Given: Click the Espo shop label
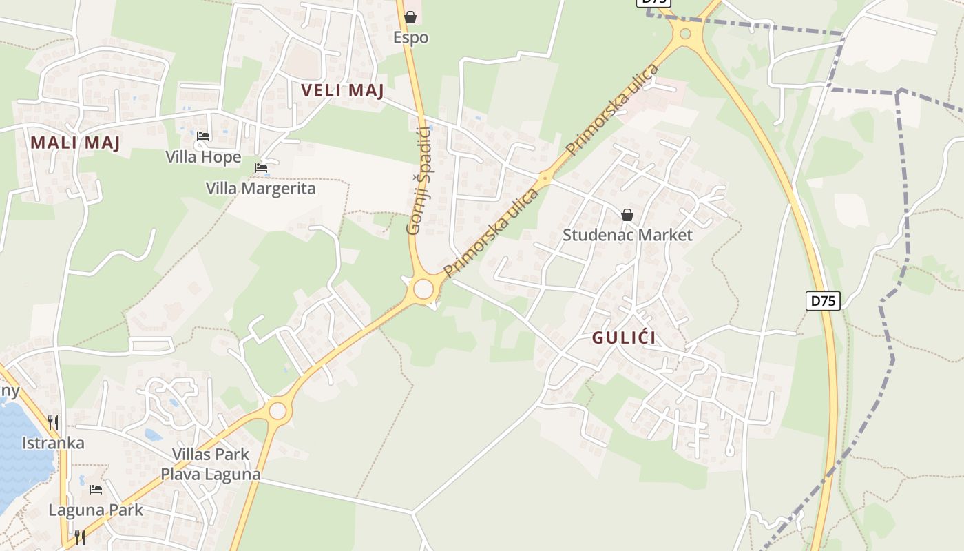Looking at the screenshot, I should click(411, 37).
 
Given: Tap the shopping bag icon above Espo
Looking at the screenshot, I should click(410, 17).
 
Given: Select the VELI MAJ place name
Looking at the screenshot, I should click(342, 90).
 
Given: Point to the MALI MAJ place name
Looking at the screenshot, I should click(76, 143).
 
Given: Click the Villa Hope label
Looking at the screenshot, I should click(203, 157).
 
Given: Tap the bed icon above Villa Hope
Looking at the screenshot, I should click(203, 136).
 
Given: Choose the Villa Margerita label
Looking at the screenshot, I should click(261, 188).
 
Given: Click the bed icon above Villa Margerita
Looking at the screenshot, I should click(261, 167).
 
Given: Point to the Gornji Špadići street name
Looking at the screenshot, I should click(419, 180).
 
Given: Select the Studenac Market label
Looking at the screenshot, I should click(627, 235).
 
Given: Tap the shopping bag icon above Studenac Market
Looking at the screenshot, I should click(627, 215).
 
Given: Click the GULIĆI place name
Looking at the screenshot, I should click(624, 338).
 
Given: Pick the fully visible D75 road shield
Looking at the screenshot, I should click(823, 301).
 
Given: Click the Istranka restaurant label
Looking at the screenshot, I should click(53, 443).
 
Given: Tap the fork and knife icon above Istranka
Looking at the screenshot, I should click(53, 422).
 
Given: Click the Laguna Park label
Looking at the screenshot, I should click(96, 510).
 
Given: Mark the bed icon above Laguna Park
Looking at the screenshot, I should click(96, 490).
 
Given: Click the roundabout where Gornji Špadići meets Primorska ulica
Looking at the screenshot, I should click(423, 289).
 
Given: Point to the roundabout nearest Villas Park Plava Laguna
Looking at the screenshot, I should click(277, 411).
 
